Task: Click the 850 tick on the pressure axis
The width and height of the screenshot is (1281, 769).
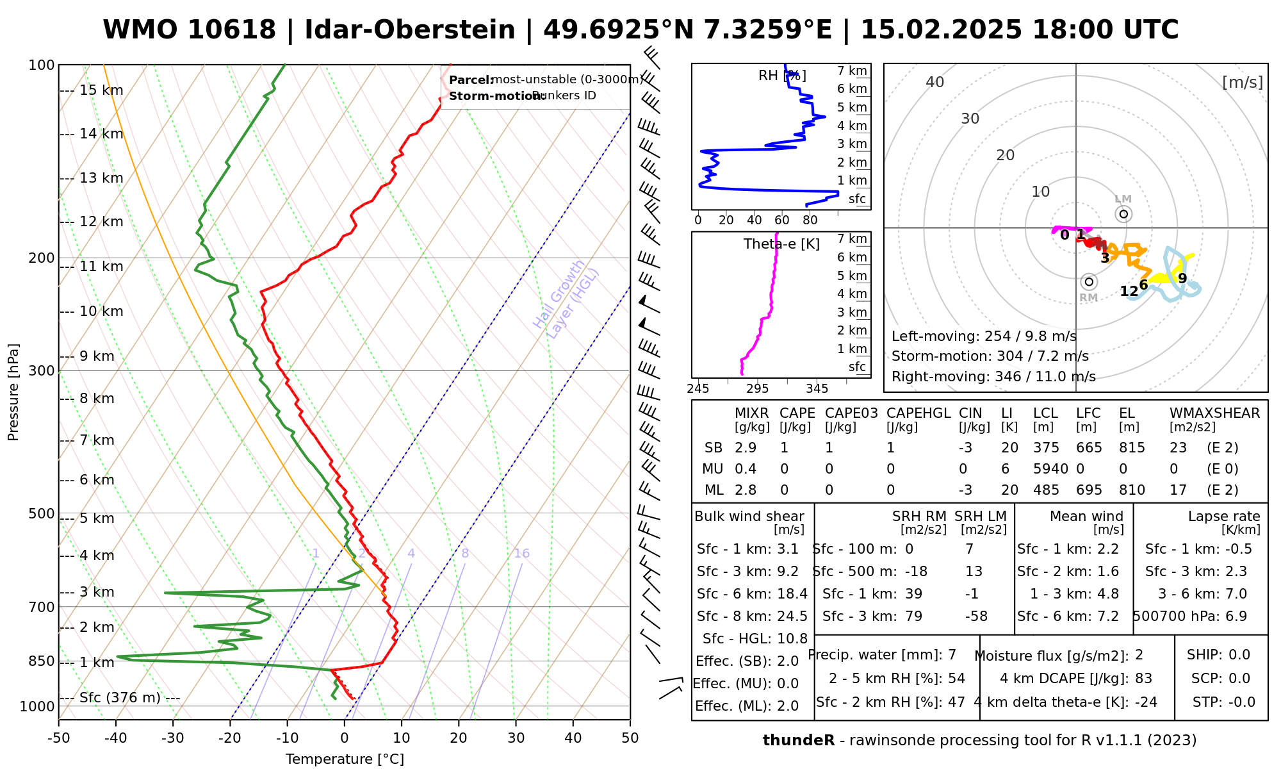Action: pyautogui.click(x=42, y=661)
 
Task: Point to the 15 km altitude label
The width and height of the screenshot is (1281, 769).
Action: pyautogui.click(x=101, y=90)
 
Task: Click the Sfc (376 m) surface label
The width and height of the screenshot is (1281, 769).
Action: pyautogui.click(x=120, y=697)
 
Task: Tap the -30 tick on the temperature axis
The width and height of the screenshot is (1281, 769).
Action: pyautogui.click(x=173, y=738)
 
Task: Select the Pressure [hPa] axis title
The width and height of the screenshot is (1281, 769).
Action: pyautogui.click(x=13, y=392)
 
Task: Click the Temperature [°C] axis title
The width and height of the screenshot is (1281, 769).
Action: pyautogui.click(x=345, y=759)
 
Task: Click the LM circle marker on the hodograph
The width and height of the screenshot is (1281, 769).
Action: pyautogui.click(x=1123, y=214)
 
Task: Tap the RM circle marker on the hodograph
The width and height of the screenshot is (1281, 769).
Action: pyautogui.click(x=1089, y=281)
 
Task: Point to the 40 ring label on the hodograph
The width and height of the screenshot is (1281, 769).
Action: pyautogui.click(x=935, y=82)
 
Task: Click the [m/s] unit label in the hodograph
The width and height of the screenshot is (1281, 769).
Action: pyautogui.click(x=1243, y=82)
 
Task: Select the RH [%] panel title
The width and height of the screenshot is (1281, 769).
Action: pyautogui.click(x=782, y=76)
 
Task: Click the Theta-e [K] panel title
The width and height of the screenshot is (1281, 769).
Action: pyautogui.click(x=781, y=244)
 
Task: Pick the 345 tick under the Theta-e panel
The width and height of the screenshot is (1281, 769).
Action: pyautogui.click(x=817, y=389)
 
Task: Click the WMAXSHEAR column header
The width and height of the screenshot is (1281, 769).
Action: pyautogui.click(x=1214, y=413)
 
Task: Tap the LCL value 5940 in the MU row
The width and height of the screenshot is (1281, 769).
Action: pyautogui.click(x=1050, y=469)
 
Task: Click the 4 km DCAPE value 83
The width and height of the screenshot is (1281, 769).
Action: pyautogui.click(x=1144, y=679)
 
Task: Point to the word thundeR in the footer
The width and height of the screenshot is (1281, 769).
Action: pyautogui.click(x=799, y=741)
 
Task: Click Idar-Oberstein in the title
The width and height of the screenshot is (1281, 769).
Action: pyautogui.click(x=410, y=30)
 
